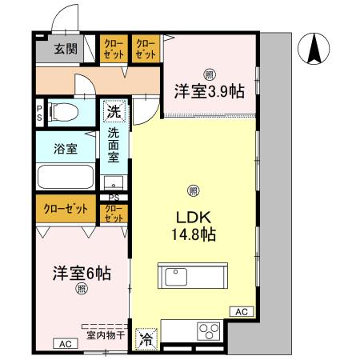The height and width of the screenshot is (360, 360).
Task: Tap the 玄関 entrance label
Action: coord(65,48)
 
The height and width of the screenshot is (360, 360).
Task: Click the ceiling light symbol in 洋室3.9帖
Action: coord(208,74)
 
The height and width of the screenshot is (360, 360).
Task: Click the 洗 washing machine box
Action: coord(113,112)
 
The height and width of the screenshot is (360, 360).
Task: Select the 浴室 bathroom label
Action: coord(66,148)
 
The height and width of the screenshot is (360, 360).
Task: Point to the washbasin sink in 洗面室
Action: coord(114,182)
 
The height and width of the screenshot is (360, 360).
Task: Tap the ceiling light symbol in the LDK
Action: coord(193,190)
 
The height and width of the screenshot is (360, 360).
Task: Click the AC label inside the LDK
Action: coord(242,311)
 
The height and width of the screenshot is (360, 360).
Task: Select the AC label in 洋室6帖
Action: coord(65,343)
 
